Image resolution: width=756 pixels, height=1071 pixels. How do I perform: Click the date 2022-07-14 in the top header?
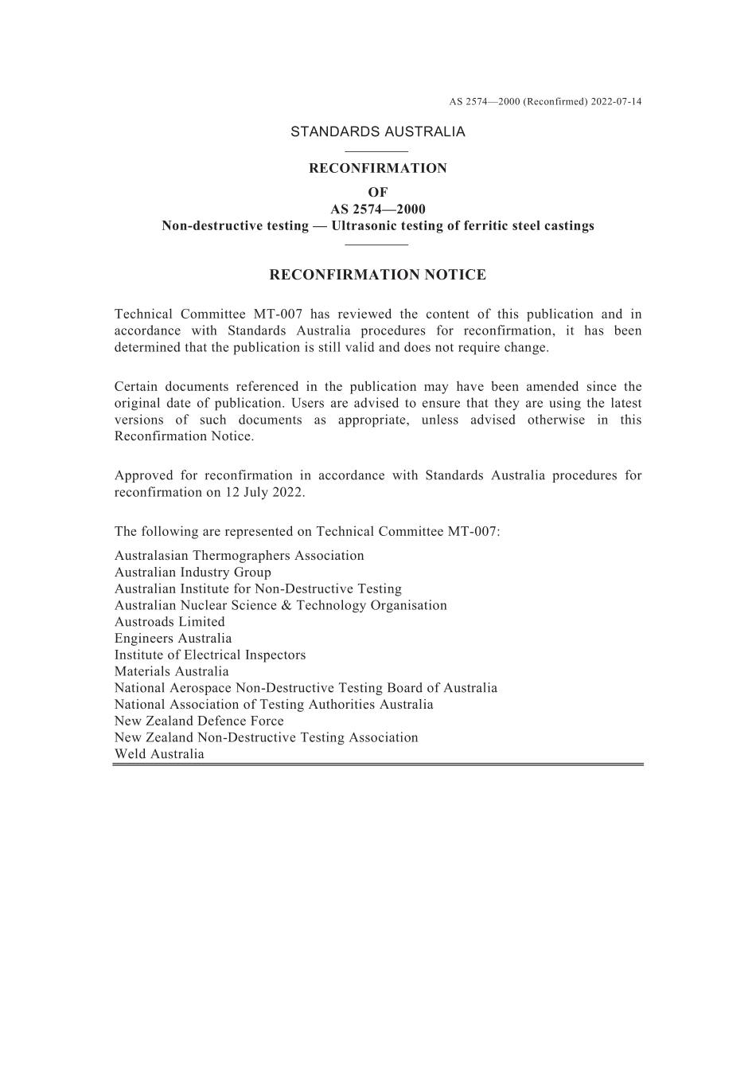click(x=616, y=101)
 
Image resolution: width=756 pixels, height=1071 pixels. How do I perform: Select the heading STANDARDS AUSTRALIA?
click(x=377, y=132)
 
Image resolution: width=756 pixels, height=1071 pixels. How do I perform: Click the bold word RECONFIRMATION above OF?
click(x=377, y=168)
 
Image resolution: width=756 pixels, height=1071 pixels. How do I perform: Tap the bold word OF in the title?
click(x=377, y=192)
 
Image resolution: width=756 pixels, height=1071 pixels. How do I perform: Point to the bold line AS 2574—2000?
click(x=377, y=209)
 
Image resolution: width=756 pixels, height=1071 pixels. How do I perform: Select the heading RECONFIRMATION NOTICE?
click(x=377, y=276)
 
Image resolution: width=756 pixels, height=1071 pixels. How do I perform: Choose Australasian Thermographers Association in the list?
click(x=239, y=556)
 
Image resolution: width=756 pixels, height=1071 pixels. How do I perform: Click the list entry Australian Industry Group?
click(x=193, y=573)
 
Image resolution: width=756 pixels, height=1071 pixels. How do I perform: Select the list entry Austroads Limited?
click(x=170, y=622)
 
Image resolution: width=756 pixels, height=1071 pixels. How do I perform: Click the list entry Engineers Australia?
click(x=173, y=639)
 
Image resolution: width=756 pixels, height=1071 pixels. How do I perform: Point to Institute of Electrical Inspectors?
click(x=210, y=655)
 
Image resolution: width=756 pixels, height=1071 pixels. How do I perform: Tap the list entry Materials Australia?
click(x=171, y=671)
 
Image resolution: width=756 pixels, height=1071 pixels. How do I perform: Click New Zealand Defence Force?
click(x=199, y=721)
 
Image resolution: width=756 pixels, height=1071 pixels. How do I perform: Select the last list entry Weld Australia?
click(x=159, y=754)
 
